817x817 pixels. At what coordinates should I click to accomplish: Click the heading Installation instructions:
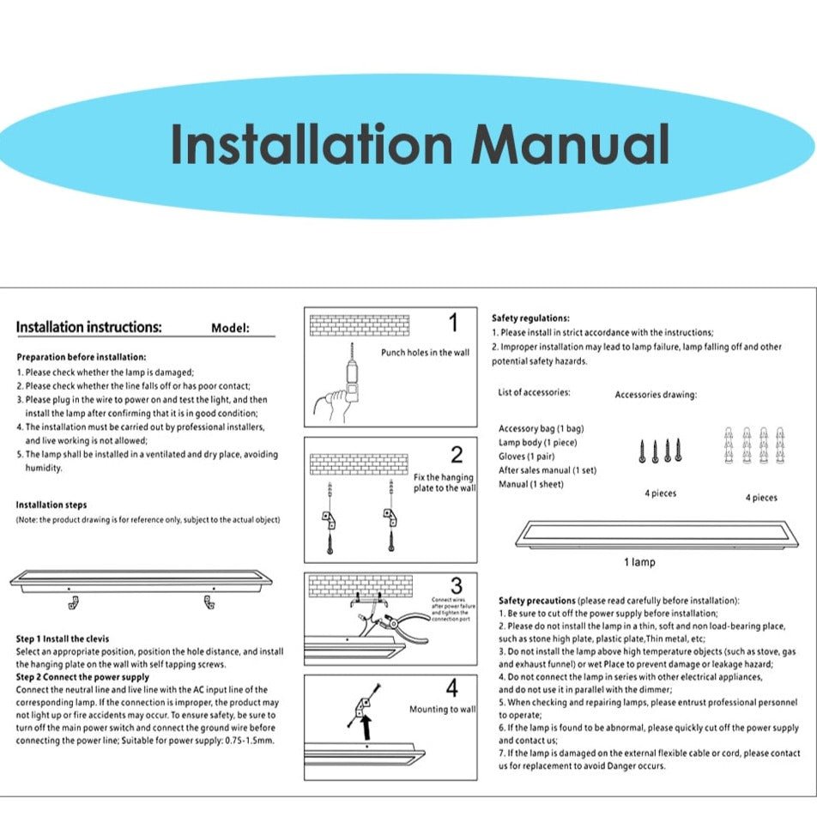pyautogui.click(x=88, y=327)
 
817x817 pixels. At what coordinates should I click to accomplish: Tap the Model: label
pyautogui.click(x=230, y=328)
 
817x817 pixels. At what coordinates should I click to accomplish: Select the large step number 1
pyautogui.click(x=453, y=324)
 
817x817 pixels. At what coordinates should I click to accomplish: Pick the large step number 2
pyautogui.click(x=457, y=455)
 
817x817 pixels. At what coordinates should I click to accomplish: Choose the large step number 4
pyautogui.click(x=452, y=687)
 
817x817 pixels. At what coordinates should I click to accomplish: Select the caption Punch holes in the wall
pyautogui.click(x=425, y=353)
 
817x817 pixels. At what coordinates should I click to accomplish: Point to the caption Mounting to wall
pyautogui.click(x=442, y=710)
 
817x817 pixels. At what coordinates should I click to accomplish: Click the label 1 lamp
pyautogui.click(x=638, y=563)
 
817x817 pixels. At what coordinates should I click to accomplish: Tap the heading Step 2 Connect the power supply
pyautogui.click(x=82, y=677)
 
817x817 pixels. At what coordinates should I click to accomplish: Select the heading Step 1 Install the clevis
pyautogui.click(x=64, y=639)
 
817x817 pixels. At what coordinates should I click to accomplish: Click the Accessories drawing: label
pyautogui.click(x=656, y=395)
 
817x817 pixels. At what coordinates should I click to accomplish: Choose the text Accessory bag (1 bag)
pyautogui.click(x=542, y=428)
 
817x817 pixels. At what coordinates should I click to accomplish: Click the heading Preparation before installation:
pyautogui.click(x=82, y=357)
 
